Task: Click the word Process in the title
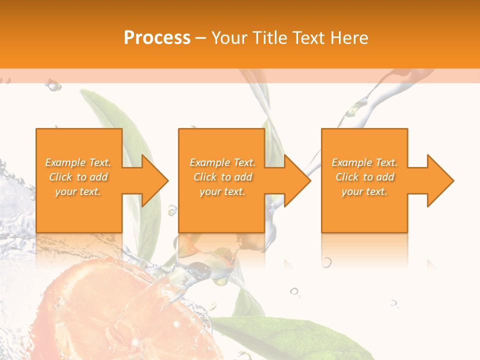point(157,37)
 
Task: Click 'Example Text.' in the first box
point(78,162)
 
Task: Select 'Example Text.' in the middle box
point(222,162)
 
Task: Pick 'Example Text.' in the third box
point(364,162)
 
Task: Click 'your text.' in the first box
point(78,191)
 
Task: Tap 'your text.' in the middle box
point(222,191)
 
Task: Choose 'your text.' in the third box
point(364,191)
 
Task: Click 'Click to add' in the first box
point(78,177)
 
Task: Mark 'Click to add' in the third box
point(364,177)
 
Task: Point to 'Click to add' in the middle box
point(222,177)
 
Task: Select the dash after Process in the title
point(200,38)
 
